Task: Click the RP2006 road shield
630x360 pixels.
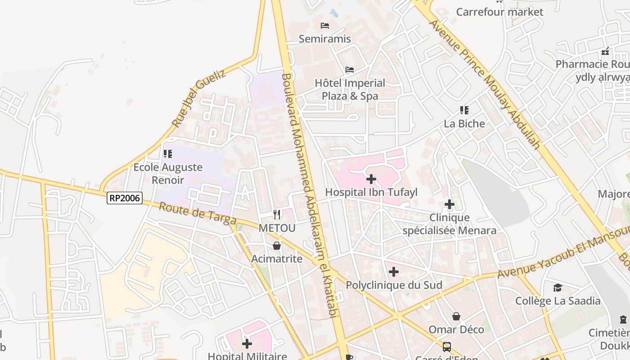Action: [x=125, y=198]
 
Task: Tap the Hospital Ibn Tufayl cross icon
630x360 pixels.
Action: [x=371, y=180]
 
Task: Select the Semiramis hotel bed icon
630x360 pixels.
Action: [x=325, y=26]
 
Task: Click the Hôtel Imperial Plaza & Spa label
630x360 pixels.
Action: [x=350, y=90]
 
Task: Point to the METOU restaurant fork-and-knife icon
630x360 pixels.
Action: [x=277, y=215]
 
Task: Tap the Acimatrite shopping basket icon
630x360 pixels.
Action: [x=277, y=246]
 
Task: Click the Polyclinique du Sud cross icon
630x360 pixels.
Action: [x=394, y=272]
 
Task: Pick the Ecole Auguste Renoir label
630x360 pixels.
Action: [x=168, y=174]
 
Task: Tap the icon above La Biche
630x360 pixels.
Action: [x=464, y=110]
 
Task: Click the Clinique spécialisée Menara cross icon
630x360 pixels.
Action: [x=449, y=205]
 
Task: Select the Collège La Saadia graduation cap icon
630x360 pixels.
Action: [x=558, y=288]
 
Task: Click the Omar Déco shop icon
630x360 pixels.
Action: [x=456, y=316]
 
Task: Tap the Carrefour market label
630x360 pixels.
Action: [x=499, y=12]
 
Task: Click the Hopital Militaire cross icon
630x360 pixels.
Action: [x=247, y=344]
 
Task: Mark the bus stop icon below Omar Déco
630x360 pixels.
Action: [x=447, y=347]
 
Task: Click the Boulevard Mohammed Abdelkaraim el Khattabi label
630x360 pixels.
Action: [x=309, y=196]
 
